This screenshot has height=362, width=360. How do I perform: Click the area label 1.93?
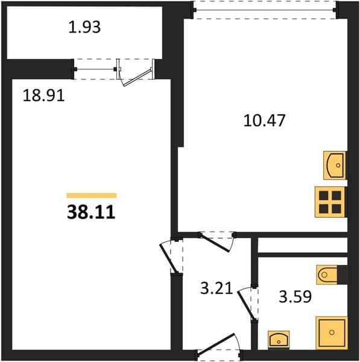(x=84, y=27)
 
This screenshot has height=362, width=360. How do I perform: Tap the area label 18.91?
(x=43, y=95)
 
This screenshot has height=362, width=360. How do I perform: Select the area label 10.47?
(x=265, y=120)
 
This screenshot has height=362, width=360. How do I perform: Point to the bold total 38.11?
(x=91, y=212)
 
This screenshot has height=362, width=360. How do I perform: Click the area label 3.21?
(x=216, y=288)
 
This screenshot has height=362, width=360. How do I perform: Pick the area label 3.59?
(x=295, y=296)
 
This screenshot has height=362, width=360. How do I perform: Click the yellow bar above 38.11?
(x=92, y=195)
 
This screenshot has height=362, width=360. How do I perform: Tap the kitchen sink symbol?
(x=335, y=165)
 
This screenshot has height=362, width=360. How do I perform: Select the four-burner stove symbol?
(x=330, y=202)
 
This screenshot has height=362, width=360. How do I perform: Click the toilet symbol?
(x=327, y=275)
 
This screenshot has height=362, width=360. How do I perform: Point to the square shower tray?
(x=332, y=332)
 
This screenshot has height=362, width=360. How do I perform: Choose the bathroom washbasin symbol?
(x=279, y=340)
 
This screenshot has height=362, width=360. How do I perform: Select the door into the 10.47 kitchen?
(x=217, y=242)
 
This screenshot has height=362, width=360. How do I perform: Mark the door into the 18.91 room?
(x=171, y=256)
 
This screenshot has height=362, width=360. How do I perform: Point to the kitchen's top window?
(x=265, y=10)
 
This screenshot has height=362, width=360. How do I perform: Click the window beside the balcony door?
(x=95, y=69)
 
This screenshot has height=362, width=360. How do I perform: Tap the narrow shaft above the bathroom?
(x=303, y=245)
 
